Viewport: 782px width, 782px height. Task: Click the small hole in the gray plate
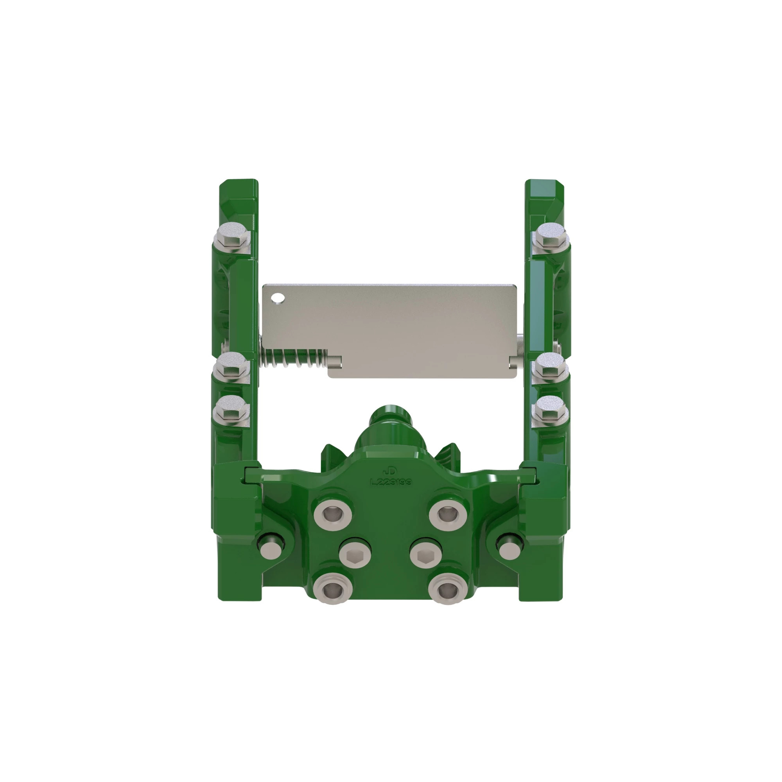click(x=278, y=298)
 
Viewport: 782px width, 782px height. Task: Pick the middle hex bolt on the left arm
click(x=231, y=367)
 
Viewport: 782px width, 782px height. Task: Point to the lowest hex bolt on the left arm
click(x=231, y=411)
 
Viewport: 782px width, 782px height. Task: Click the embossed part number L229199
click(x=391, y=482)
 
